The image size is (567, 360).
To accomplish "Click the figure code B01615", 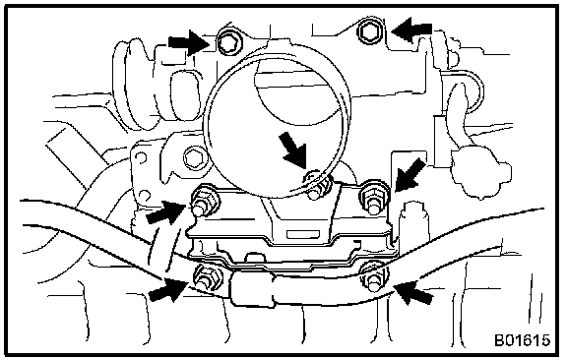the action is (x=522, y=340).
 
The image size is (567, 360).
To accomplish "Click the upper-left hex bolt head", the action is (x=229, y=42).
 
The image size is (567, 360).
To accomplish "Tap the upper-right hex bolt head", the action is (x=369, y=31).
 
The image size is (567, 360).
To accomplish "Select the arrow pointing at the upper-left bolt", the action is (x=189, y=43).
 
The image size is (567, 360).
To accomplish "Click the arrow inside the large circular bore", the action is (x=293, y=151).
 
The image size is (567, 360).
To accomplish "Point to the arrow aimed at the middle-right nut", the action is (x=410, y=174).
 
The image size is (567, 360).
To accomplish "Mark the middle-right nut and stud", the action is (x=373, y=200).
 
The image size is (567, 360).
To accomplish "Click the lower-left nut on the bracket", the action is (x=208, y=277).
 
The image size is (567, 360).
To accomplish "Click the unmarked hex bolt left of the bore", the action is (x=193, y=157).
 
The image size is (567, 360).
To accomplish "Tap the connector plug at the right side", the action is (x=481, y=170).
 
